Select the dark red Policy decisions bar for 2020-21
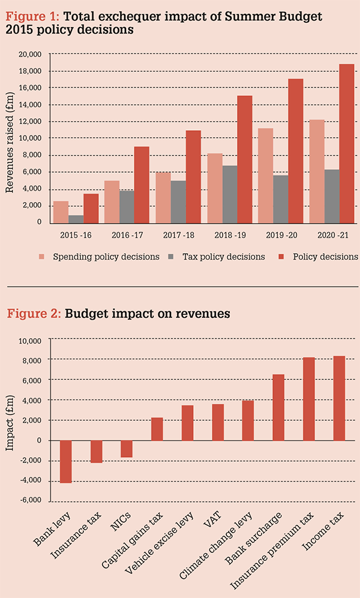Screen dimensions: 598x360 point(347,143)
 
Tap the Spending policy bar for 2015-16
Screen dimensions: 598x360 point(61,211)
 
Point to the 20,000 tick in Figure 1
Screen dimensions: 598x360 point(29,54)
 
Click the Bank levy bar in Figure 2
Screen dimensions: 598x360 point(66,461)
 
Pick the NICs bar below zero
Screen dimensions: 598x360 point(126,449)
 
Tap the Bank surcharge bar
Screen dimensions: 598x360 point(278,407)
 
